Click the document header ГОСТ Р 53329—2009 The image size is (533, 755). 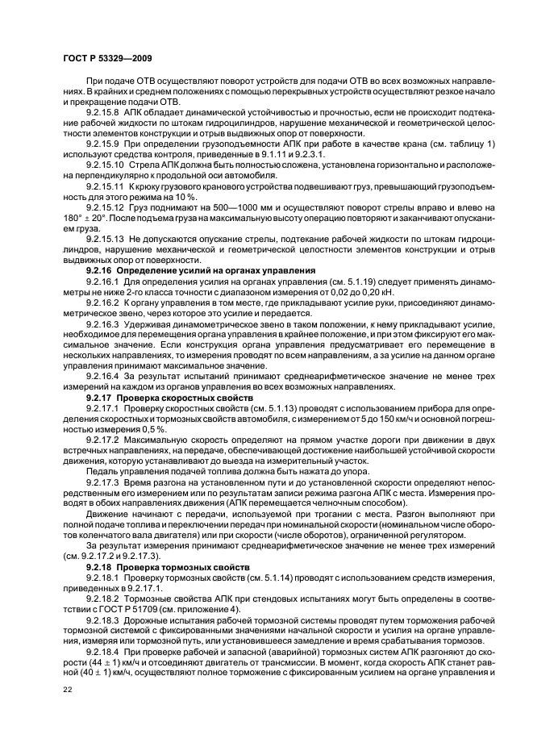(106, 58)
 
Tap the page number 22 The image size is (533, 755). (68, 690)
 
